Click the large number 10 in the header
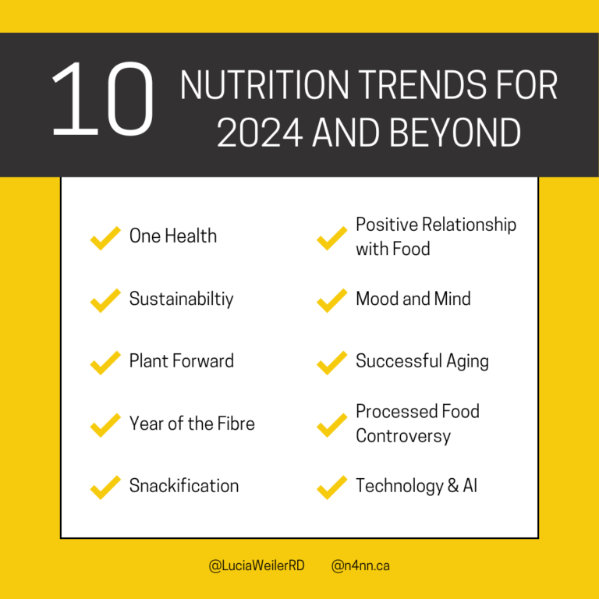pyautogui.click(x=103, y=98)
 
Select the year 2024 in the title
pyautogui.click(x=260, y=133)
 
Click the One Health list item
pyautogui.click(x=173, y=236)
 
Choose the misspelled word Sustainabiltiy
pyautogui.click(x=182, y=299)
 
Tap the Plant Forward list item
pyautogui.click(x=182, y=361)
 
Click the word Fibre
pyautogui.click(x=236, y=424)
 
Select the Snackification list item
pyautogui.click(x=184, y=486)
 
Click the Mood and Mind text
pyautogui.click(x=413, y=299)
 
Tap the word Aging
pyautogui.click(x=467, y=362)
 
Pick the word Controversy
pyautogui.click(x=403, y=437)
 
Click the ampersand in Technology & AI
pyautogui.click(x=452, y=486)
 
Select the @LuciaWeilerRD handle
pyautogui.click(x=257, y=565)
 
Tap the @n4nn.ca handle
pyautogui.click(x=360, y=565)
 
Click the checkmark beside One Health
pyautogui.click(x=105, y=238)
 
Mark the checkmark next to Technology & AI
pyautogui.click(x=331, y=487)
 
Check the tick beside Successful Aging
pyautogui.click(x=331, y=363)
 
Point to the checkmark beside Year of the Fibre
pyautogui.click(x=105, y=425)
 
